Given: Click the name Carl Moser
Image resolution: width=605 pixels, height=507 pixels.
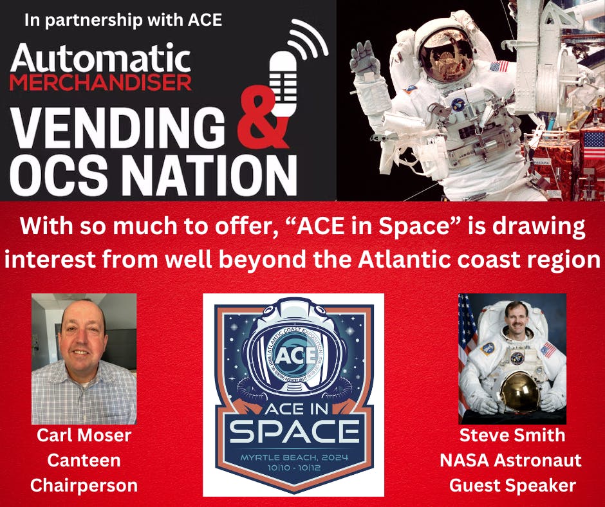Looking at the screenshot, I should click(84, 436).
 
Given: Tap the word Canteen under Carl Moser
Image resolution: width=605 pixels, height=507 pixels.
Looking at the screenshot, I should click(84, 460).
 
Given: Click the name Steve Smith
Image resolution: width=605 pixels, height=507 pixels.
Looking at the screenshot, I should click(512, 436).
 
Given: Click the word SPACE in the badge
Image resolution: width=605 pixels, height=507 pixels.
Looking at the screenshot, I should click(293, 432).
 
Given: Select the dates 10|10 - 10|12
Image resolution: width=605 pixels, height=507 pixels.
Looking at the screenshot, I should click(293, 468).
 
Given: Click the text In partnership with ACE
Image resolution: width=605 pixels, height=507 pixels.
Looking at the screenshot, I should click(123, 20).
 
